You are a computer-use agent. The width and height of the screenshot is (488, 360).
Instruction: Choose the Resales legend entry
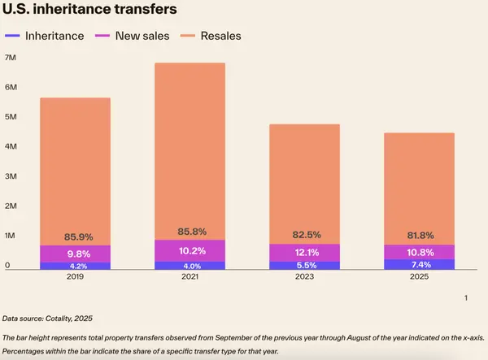point(216,36)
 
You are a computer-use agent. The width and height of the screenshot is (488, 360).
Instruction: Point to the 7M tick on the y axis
point(11,58)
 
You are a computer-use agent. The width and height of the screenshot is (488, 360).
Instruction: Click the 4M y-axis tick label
point(11,146)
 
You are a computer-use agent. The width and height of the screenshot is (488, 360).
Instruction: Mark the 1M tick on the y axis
point(11,236)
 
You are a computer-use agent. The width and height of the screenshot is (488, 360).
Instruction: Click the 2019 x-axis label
point(75,276)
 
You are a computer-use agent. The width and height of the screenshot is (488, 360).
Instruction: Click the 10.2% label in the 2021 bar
point(190,250)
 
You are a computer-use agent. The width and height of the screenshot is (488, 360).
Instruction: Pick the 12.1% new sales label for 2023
point(305,252)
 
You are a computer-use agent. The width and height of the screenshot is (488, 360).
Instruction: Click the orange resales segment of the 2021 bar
point(190,146)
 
